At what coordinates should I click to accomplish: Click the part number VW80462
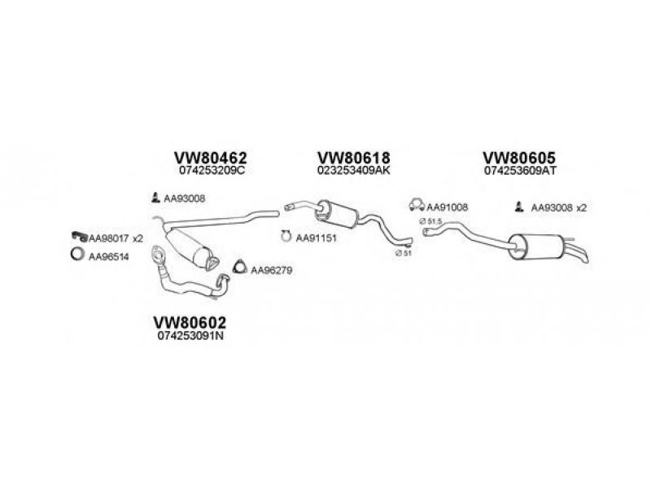click(x=210, y=158)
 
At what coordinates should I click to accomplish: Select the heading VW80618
click(x=354, y=158)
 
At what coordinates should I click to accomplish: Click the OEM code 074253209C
click(x=210, y=172)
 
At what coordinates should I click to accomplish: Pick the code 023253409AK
click(x=354, y=172)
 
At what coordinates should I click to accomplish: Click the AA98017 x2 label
click(x=116, y=237)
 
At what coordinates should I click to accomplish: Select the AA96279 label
click(x=268, y=268)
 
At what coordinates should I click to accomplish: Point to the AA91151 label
click(x=313, y=238)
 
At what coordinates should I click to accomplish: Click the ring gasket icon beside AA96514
click(x=76, y=255)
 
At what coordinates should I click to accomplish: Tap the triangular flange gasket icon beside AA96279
click(x=239, y=267)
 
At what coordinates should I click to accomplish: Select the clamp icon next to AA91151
click(x=286, y=237)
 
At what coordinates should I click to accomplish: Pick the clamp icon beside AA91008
click(x=415, y=207)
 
